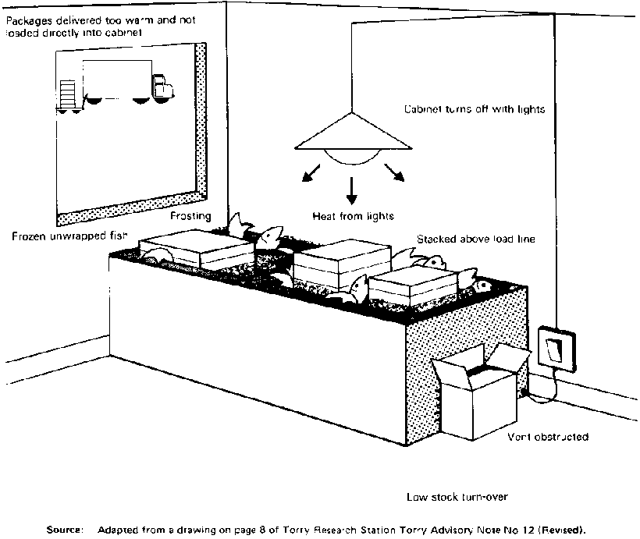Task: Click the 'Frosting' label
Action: [191, 216]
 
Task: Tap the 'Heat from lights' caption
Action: [353, 216]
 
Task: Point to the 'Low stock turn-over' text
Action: [451, 497]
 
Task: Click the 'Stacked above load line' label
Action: [476, 239]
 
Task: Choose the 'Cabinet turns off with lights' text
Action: [474, 110]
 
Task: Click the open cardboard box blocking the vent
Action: [476, 398]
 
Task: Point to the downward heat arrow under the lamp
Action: [352, 188]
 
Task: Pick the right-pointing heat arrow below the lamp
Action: [395, 173]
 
